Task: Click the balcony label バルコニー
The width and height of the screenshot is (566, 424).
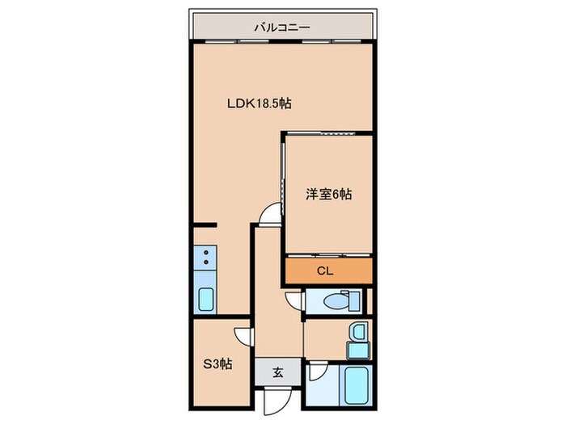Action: tap(282, 27)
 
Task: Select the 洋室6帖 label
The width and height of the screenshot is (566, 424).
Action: tap(328, 194)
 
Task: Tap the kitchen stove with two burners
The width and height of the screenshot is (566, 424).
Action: tap(205, 259)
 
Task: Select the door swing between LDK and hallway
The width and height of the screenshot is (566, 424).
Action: tap(268, 215)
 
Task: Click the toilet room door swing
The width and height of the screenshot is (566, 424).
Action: tap(293, 300)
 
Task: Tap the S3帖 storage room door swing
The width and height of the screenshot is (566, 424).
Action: tap(240, 338)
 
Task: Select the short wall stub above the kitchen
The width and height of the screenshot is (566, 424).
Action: tap(205, 225)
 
